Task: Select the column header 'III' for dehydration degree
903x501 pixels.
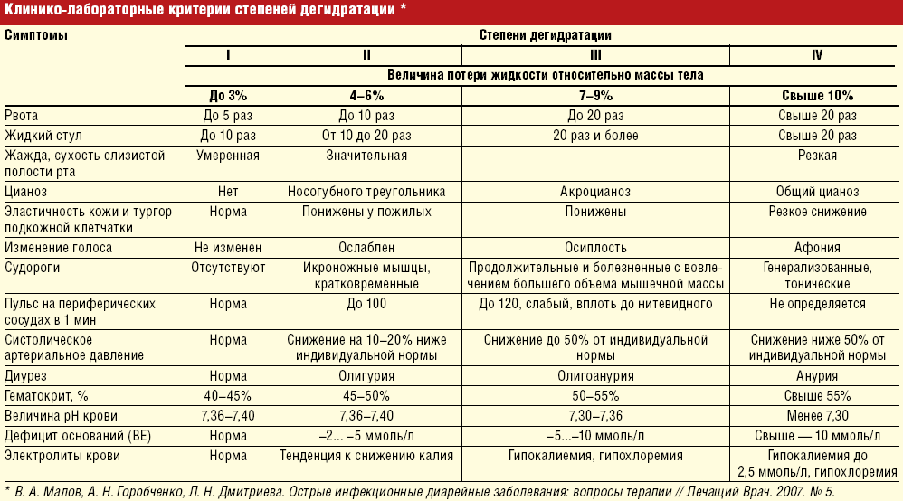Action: pyautogui.click(x=594, y=55)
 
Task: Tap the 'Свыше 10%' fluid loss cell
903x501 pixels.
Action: pyautogui.click(x=817, y=95)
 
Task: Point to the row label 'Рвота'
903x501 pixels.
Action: pyautogui.click(x=22, y=116)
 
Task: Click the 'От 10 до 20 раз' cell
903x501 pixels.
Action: pyautogui.click(x=366, y=136)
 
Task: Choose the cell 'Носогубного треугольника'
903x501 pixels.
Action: pyautogui.click(x=366, y=192)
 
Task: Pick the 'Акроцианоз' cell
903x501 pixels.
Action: pyautogui.click(x=594, y=192)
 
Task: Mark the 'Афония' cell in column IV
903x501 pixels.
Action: pyautogui.click(x=817, y=248)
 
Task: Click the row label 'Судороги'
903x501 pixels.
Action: pyautogui.click(x=32, y=268)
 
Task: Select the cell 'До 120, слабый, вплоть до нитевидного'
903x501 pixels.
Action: pyautogui.click(x=594, y=304)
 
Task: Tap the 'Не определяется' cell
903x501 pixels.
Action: pyautogui.click(x=817, y=304)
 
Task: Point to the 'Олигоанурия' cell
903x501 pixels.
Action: pyautogui.click(x=594, y=376)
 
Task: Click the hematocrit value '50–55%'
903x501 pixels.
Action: pyautogui.click(x=594, y=395)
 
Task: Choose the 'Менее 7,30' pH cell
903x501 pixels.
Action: pyautogui.click(x=817, y=414)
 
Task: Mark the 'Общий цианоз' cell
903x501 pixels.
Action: pyautogui.click(x=817, y=192)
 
